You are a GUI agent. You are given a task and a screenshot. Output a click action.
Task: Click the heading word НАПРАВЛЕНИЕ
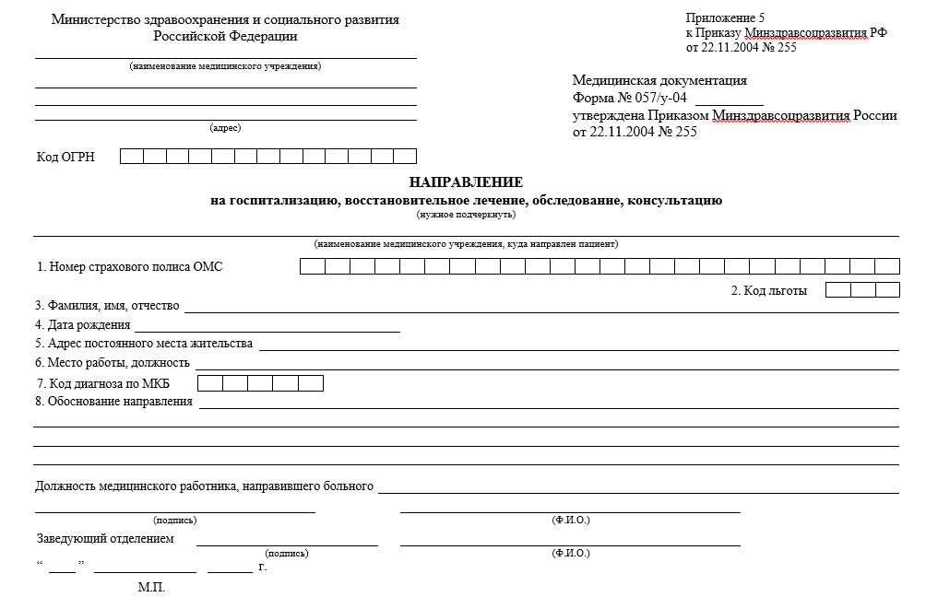pyautogui.click(x=466, y=182)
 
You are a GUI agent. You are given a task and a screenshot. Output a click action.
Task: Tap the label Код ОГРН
pyautogui.click(x=65, y=157)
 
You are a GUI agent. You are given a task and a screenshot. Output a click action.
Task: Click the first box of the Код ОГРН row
pyautogui.click(x=132, y=156)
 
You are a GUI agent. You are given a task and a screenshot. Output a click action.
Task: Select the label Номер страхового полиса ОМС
pyautogui.click(x=130, y=267)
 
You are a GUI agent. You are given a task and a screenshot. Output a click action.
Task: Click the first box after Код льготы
pyautogui.click(x=837, y=290)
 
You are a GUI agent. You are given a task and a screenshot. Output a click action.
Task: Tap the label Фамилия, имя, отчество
pyautogui.click(x=107, y=306)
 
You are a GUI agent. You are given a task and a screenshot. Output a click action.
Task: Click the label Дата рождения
pyautogui.click(x=83, y=325)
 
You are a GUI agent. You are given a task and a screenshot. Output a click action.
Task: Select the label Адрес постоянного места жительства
pyautogui.click(x=143, y=344)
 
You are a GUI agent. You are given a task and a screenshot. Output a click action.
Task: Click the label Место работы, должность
pyautogui.click(x=113, y=363)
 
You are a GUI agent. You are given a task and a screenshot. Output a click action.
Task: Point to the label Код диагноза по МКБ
pyautogui.click(x=110, y=383)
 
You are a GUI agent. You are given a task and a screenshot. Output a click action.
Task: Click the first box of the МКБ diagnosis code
pyautogui.click(x=210, y=383)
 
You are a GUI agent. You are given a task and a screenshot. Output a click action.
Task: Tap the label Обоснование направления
pyautogui.click(x=113, y=402)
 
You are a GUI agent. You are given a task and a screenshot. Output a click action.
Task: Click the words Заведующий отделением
pyautogui.click(x=104, y=539)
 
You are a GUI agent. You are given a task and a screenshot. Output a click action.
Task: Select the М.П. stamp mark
pyautogui.click(x=151, y=587)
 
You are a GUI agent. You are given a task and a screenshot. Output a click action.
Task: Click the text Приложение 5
pyautogui.click(x=726, y=18)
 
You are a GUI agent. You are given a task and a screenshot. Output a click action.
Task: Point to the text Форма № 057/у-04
pyautogui.click(x=630, y=99)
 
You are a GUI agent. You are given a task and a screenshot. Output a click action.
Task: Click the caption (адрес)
pyautogui.click(x=225, y=128)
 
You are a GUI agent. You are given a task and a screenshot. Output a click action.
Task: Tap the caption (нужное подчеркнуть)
pyautogui.click(x=466, y=215)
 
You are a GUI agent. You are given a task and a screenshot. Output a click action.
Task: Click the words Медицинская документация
pyautogui.click(x=659, y=81)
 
